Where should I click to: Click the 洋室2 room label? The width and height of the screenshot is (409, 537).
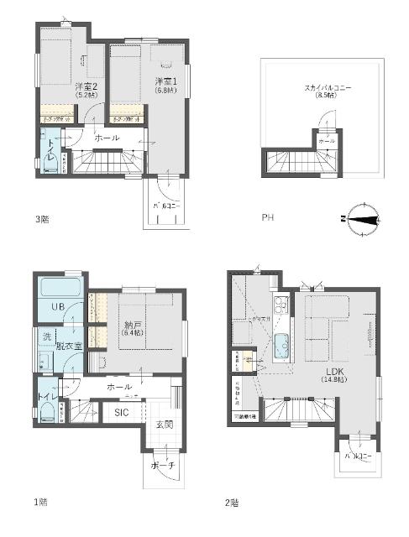click(84, 87)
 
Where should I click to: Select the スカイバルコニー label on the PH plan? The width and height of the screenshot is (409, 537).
click(322, 87)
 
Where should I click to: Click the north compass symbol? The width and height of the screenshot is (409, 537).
click(362, 216)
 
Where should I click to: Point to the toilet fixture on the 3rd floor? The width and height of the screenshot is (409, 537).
click(49, 159)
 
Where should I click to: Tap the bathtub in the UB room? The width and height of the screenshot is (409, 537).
click(58, 290)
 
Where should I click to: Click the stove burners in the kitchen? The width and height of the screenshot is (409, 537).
click(281, 304)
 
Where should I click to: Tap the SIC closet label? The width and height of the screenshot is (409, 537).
click(122, 413)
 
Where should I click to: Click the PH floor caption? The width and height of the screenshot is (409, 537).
click(268, 217)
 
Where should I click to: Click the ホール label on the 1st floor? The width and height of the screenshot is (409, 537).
click(119, 386)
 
